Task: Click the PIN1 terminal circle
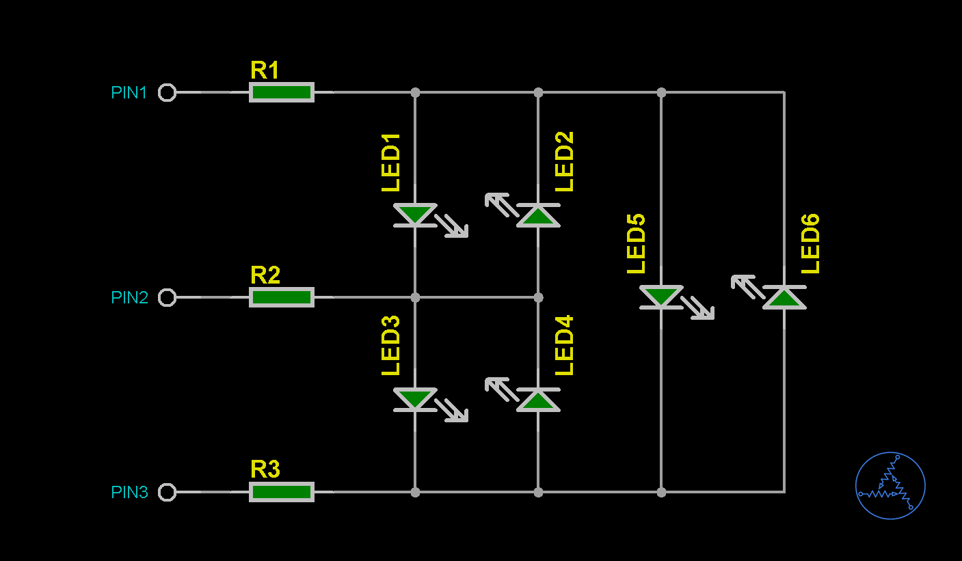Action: [167, 92]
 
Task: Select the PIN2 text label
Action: [129, 298]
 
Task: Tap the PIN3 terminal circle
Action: [167, 492]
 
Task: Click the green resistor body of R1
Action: [282, 92]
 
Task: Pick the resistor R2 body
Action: [282, 297]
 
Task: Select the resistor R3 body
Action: [282, 492]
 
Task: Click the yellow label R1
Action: [265, 70]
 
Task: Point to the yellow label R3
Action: [265, 470]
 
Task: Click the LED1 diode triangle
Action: [415, 214]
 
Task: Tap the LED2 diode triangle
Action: [538, 216]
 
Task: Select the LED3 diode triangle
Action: [415, 398]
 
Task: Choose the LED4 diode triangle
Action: [538, 400]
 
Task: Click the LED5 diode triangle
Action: [661, 296]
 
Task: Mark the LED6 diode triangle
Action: [784, 298]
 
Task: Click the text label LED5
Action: [637, 244]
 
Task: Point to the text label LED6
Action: [810, 244]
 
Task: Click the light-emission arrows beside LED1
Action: [452, 226]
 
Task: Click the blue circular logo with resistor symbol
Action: [890, 486]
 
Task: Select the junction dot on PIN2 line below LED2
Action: [538, 297]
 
